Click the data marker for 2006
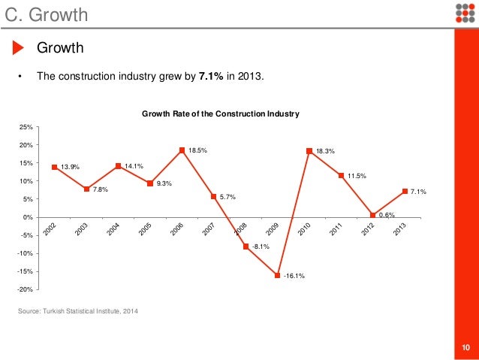point(182,150)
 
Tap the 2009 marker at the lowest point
point(277,275)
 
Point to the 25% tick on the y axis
point(26,127)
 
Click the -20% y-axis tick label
point(25,289)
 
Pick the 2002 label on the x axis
point(50,230)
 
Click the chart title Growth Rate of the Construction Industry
point(221,113)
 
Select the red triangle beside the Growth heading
point(19,49)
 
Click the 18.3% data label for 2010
point(325,151)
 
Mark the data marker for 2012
point(373,216)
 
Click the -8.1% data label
point(262,247)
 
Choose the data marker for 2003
point(86,189)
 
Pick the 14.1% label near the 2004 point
point(134,166)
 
